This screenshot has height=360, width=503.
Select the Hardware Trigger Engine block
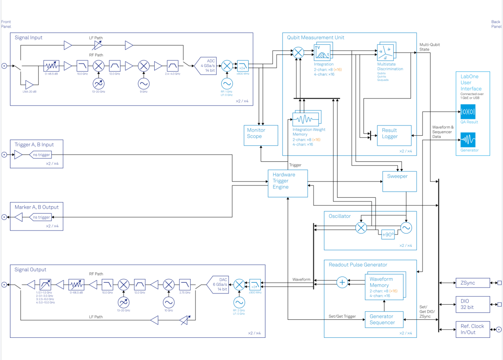[x=288, y=183]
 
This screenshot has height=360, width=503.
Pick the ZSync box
[x=472, y=283]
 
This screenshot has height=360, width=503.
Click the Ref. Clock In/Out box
[x=472, y=329]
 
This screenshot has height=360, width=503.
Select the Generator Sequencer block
[x=384, y=319]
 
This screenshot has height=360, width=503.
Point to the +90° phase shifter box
[x=387, y=235]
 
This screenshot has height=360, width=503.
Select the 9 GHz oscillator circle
[x=144, y=83]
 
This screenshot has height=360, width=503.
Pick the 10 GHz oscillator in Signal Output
[x=169, y=302]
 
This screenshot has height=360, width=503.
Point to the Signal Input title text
[x=29, y=38]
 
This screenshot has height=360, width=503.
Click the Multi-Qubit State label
[x=430, y=47]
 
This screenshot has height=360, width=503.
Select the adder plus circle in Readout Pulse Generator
[x=342, y=282]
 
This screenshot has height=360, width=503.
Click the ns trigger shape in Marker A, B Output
[x=40, y=217]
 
